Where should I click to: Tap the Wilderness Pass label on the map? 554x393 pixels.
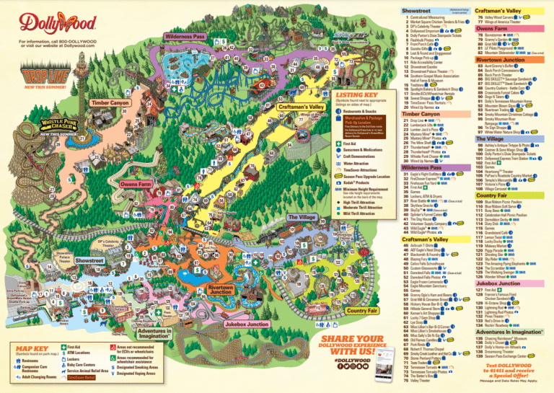click(x=185, y=36)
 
